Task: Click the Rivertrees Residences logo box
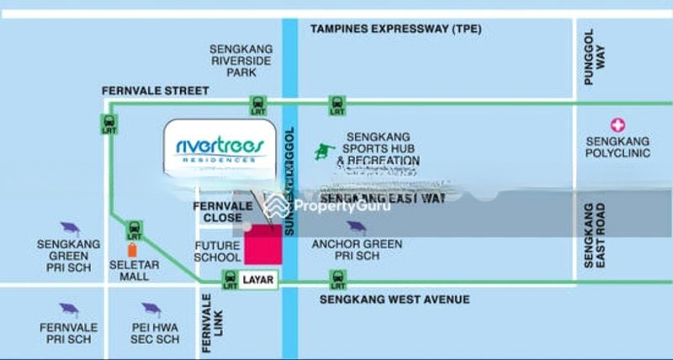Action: [220, 148]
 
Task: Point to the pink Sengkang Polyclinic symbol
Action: [619, 124]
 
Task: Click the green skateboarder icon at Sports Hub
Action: [321, 152]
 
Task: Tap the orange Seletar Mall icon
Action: [132, 251]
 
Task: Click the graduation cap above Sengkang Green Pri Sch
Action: [68, 228]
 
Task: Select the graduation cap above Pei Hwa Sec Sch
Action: [151, 310]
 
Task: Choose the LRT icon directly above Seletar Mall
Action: [132, 227]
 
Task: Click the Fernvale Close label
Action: [218, 211]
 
